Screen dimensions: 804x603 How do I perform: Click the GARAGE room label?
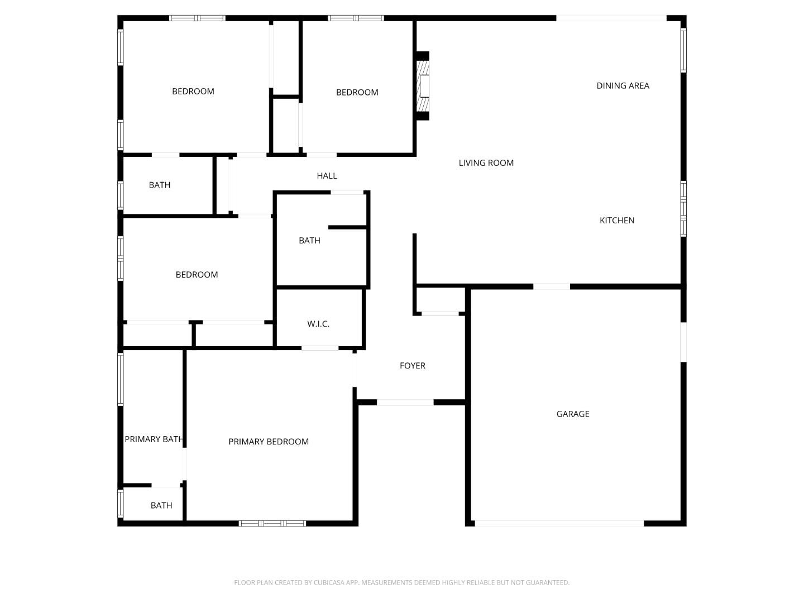click(572, 414)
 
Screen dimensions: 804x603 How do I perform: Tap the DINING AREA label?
click(623, 85)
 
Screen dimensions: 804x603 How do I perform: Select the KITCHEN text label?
click(617, 221)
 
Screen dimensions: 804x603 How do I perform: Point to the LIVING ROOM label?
click(486, 163)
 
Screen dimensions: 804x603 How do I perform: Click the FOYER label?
click(413, 365)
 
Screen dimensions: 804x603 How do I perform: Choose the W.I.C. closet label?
click(318, 324)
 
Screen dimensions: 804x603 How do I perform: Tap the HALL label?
click(327, 176)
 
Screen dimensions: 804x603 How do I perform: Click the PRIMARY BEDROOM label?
click(269, 442)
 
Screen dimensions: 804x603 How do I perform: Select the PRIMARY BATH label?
click(154, 439)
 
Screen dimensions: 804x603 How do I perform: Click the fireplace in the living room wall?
click(423, 86)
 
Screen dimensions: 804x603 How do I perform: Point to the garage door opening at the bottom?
click(559, 524)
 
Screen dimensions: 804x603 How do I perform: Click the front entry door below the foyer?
click(405, 403)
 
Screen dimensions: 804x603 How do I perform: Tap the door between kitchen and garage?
click(551, 286)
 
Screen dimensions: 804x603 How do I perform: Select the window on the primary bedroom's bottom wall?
click(272, 524)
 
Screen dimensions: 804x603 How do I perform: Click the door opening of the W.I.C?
click(320, 348)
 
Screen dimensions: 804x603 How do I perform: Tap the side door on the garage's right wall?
click(683, 342)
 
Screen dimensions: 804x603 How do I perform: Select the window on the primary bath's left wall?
click(121, 379)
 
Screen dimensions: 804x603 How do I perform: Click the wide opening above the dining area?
click(611, 18)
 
